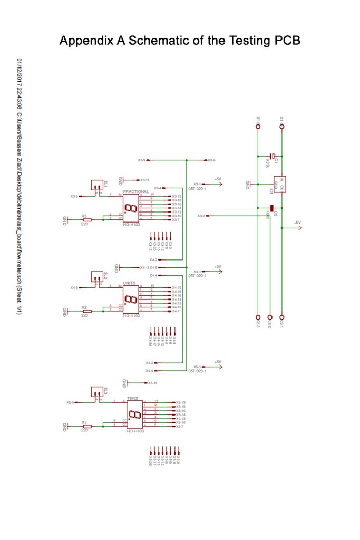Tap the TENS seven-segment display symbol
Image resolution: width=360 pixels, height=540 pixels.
coord(134,416)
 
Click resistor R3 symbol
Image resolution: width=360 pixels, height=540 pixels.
coord(87,219)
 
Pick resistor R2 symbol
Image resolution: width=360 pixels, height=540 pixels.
coord(87,311)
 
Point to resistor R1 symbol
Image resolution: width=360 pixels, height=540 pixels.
coord(87,426)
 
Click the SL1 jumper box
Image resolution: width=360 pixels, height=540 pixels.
coord(96,185)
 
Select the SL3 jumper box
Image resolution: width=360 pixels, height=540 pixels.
coord(96,392)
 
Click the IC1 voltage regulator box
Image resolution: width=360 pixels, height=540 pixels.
coord(280,184)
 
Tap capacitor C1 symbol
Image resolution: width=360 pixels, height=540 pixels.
coord(271,156)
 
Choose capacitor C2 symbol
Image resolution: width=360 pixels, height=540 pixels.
coord(271,208)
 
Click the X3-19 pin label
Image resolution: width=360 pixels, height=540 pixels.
coord(177,196)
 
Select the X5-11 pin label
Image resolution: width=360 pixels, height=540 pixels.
coord(153,382)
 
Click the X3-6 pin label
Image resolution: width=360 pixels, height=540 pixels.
coord(212,160)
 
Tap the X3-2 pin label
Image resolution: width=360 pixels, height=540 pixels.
coord(201,216)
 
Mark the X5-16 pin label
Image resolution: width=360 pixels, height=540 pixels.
coord(181,411)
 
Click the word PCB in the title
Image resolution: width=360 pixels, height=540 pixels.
coord(287,41)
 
